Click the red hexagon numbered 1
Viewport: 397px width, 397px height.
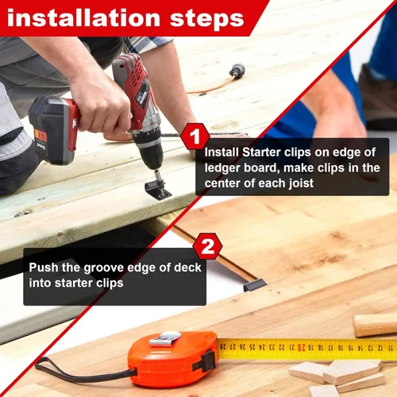point(195,137)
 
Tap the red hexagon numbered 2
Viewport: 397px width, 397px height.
point(207,247)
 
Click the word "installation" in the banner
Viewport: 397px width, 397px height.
point(83,18)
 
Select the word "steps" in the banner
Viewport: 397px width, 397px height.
point(206,19)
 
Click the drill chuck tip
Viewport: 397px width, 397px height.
point(157,175)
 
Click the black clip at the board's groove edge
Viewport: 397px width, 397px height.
point(255,285)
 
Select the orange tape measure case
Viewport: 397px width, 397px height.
point(173,356)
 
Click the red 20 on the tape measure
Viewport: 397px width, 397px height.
point(302,347)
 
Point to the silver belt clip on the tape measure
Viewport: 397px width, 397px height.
point(165,339)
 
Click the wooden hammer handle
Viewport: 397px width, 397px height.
point(375,326)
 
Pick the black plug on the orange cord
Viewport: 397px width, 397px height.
point(237,70)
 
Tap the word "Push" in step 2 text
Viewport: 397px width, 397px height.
point(44,268)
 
